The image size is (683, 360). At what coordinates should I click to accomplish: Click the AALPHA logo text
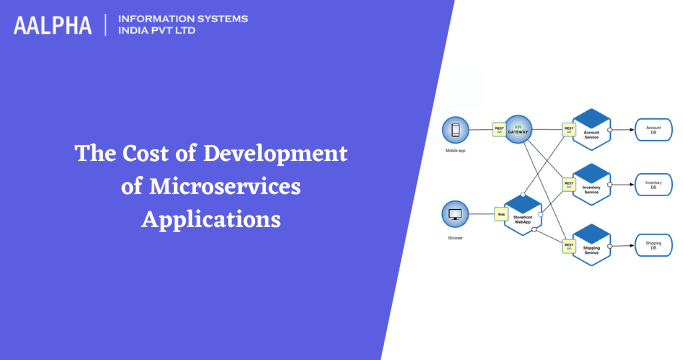(x=51, y=25)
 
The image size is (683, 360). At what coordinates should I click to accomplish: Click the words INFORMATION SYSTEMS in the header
(x=183, y=19)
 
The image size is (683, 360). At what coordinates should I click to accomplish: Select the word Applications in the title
(x=210, y=219)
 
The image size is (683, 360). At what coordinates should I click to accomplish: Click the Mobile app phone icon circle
(x=457, y=130)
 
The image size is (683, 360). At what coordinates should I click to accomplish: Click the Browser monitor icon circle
(x=457, y=213)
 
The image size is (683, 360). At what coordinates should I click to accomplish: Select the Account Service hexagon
(x=592, y=129)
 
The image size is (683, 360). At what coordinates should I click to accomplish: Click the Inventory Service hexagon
(x=592, y=183)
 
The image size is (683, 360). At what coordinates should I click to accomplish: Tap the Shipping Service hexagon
(x=592, y=243)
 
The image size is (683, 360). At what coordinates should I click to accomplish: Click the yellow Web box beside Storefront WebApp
(x=500, y=213)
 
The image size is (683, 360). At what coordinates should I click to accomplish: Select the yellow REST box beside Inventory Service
(x=569, y=184)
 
